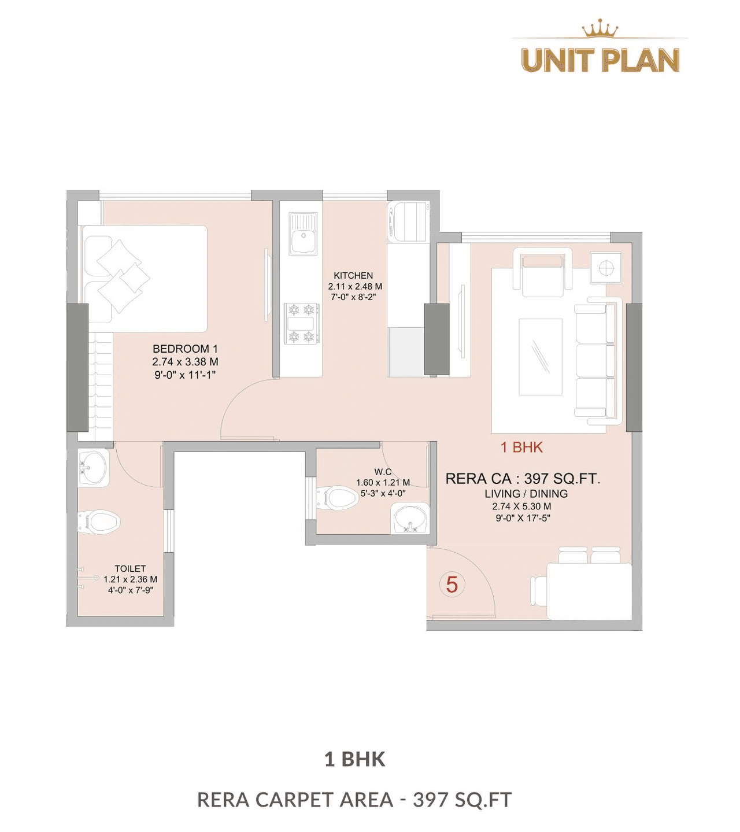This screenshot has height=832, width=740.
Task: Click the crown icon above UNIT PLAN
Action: click(600, 28)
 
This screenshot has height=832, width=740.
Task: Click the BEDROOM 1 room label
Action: click(185, 349)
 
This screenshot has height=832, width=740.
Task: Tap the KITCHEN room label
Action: click(353, 276)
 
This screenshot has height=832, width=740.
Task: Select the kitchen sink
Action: click(303, 235)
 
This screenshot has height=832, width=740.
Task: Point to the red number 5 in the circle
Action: click(452, 585)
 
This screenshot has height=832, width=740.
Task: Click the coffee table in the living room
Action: click(541, 357)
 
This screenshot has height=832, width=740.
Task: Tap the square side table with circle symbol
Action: click(605, 268)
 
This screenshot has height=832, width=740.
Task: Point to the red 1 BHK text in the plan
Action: click(521, 447)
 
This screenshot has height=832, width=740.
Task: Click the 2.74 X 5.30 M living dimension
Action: click(522, 506)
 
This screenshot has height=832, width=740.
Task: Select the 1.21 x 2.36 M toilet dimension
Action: click(130, 579)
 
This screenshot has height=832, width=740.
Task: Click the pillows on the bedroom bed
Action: click(121, 275)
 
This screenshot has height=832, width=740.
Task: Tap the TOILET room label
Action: click(130, 569)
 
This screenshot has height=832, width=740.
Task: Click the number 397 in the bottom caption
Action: click(430, 800)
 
